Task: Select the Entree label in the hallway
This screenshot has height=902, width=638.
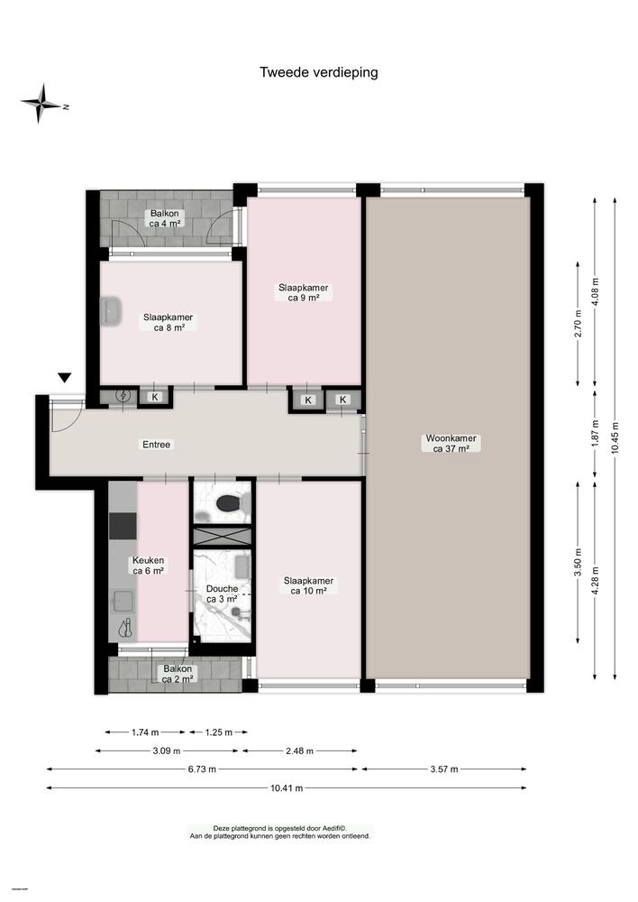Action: pyautogui.click(x=156, y=445)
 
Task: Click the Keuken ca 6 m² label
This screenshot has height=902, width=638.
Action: pyautogui.click(x=149, y=565)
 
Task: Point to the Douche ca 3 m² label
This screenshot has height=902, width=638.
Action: pyautogui.click(x=222, y=594)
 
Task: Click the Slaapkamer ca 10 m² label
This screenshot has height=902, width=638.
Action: pyautogui.click(x=308, y=586)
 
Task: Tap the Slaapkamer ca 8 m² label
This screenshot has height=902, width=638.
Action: pyautogui.click(x=168, y=322)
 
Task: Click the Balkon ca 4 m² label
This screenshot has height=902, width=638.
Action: pyautogui.click(x=166, y=217)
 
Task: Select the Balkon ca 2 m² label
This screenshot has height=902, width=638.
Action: pyautogui.click(x=177, y=674)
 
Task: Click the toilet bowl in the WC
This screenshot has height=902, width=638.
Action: pyautogui.click(x=226, y=503)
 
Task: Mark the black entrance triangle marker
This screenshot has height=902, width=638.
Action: pyautogui.click(x=64, y=378)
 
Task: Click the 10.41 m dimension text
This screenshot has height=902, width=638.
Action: pyautogui.click(x=287, y=787)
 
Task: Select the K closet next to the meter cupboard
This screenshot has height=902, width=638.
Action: pyautogui.click(x=155, y=397)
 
